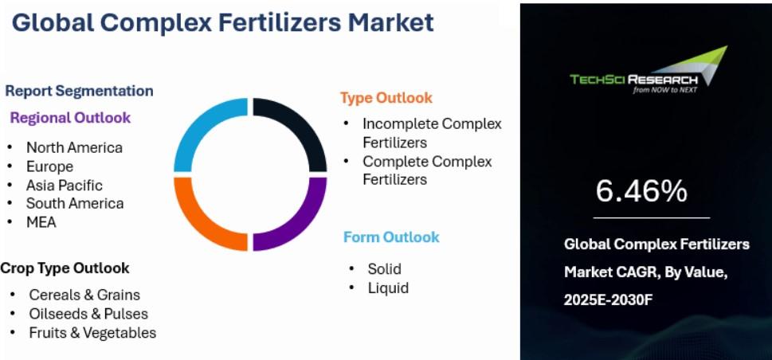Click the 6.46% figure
(x=641, y=191)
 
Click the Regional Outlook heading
(x=70, y=118)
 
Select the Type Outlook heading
(x=386, y=98)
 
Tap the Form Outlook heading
(x=391, y=237)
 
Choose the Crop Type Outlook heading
(x=65, y=268)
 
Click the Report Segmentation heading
(x=79, y=91)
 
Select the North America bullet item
(x=74, y=147)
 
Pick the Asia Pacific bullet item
(x=65, y=185)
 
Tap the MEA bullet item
(x=41, y=222)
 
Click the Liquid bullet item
(x=389, y=288)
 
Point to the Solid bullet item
(x=385, y=269)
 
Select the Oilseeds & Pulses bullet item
(x=88, y=314)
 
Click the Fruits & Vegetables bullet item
(x=92, y=333)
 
